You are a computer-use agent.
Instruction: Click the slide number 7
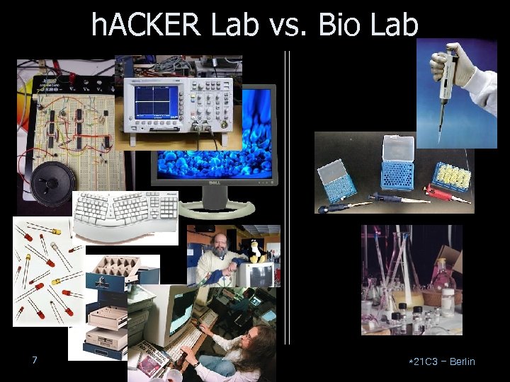pyautogui.click(x=34, y=361)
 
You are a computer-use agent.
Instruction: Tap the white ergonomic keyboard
pyautogui.click(x=126, y=216)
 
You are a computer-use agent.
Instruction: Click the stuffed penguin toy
pyautogui.click(x=253, y=251)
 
